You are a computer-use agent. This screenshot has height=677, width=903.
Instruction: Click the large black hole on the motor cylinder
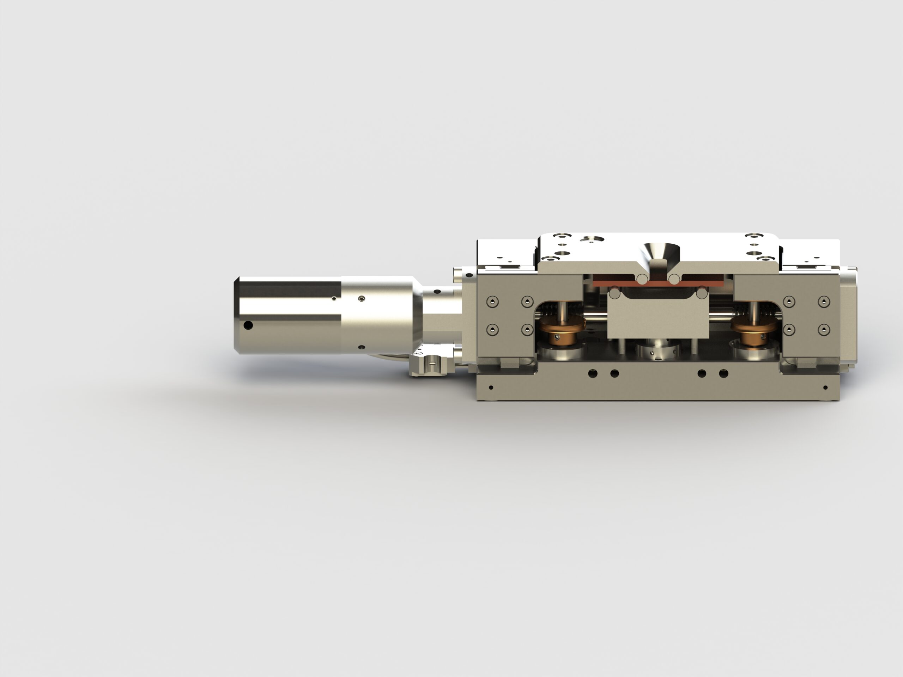(248, 325)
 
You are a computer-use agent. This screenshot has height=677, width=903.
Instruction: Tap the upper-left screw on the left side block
(492, 301)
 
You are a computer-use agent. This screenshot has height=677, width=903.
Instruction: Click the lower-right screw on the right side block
(824, 329)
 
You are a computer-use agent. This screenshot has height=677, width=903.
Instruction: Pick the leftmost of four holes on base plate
(593, 373)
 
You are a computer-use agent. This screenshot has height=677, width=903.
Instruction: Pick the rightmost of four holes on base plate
(723, 373)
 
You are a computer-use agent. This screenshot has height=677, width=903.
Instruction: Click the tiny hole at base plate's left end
(491, 387)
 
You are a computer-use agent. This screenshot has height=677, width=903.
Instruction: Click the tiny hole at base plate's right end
(825, 387)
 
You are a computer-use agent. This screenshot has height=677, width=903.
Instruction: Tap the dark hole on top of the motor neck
(437, 292)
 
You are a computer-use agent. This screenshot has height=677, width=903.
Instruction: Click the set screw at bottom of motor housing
(361, 347)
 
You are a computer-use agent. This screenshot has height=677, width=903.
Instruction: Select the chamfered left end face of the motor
(236, 314)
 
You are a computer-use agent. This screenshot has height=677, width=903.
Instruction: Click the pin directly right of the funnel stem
(674, 280)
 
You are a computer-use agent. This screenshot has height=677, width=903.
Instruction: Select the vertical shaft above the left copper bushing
(563, 311)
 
